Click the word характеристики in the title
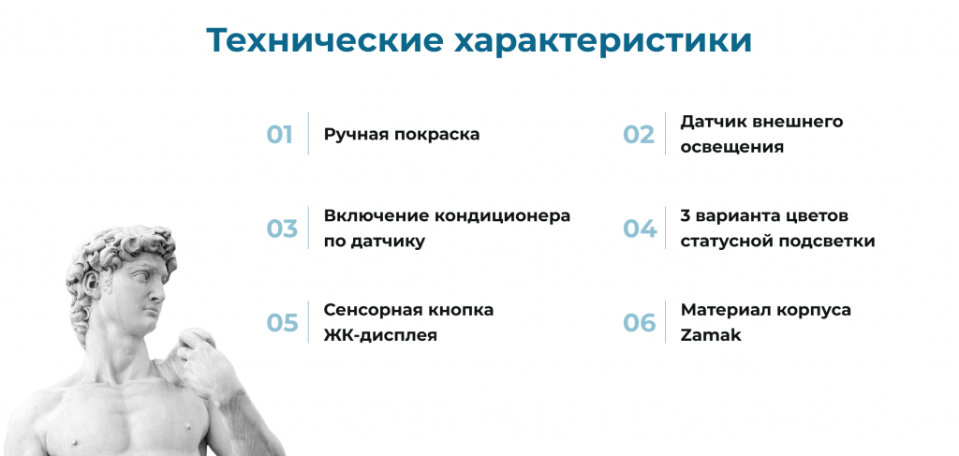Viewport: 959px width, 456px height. (603, 41)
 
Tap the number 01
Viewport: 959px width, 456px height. (280, 134)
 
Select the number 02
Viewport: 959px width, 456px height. (639, 134)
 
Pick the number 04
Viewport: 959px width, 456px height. (640, 228)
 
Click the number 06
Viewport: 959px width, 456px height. (640, 322)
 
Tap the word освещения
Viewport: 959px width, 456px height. (732, 147)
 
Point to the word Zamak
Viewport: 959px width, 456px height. (711, 334)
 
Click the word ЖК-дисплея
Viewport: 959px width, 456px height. (380, 334)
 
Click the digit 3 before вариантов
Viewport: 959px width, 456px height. (686, 215)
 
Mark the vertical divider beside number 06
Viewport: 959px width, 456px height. (666, 322)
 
